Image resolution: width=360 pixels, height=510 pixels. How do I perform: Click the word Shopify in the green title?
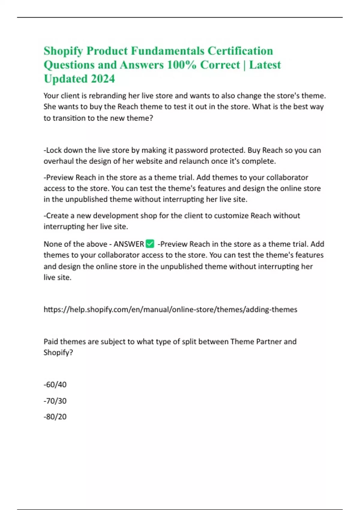[63, 51]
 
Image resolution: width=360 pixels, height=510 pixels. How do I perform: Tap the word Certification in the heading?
[240, 51]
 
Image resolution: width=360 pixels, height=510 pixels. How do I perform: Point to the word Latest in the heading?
[265, 65]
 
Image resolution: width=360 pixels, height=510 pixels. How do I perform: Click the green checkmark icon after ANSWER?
[150, 244]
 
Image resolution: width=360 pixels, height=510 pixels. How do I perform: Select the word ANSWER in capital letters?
[129, 244]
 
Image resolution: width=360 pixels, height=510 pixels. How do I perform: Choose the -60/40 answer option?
[55, 385]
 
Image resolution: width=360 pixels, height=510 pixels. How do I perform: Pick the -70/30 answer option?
[55, 401]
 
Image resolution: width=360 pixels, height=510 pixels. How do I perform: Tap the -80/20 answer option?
[55, 417]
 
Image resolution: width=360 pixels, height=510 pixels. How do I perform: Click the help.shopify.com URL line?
[170, 310]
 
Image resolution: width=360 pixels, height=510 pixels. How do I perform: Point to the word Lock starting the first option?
[54, 150]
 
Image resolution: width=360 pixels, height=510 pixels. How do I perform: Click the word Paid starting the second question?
[51, 341]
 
